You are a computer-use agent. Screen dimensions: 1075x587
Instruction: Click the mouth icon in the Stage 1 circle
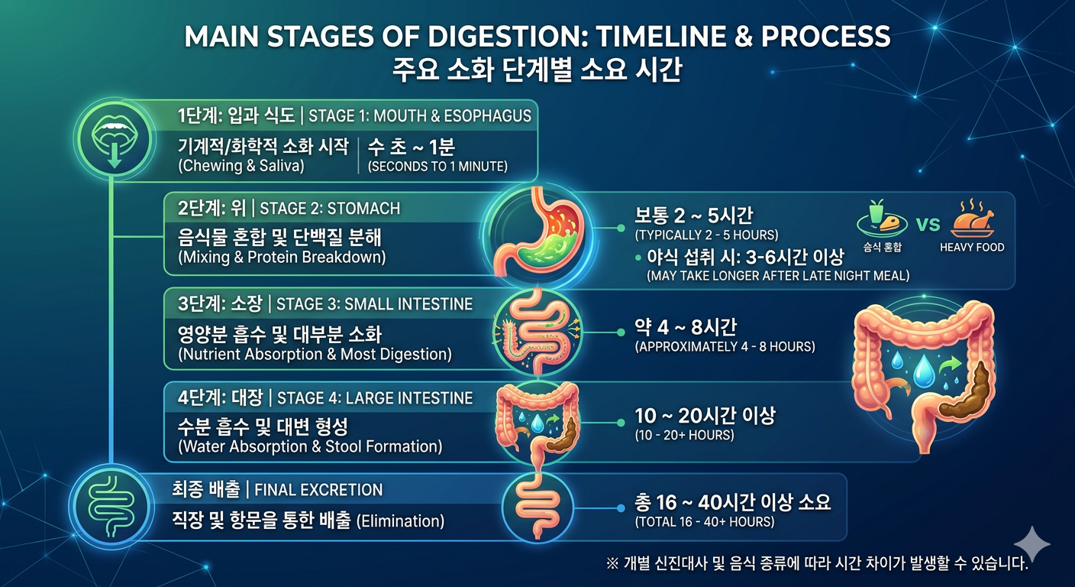coord(115,138)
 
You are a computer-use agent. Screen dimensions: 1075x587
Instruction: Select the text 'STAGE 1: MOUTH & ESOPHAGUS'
coord(420,116)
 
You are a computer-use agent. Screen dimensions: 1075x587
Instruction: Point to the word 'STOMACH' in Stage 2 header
coord(363,209)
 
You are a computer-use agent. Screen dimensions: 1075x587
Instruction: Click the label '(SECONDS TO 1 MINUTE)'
coord(437,167)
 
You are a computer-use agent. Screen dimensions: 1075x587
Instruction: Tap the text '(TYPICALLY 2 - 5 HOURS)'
coord(706,235)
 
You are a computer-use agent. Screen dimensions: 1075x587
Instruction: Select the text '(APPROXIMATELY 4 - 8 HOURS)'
coord(725,347)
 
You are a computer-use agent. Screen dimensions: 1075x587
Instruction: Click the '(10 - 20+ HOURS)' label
coord(684,435)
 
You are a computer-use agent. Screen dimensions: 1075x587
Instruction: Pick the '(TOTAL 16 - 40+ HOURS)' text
coord(705,522)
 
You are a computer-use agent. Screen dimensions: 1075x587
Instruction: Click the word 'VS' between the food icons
coord(928,224)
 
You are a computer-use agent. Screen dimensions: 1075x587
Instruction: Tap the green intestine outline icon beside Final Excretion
coord(111,506)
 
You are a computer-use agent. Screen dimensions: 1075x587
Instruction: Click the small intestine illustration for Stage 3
coord(537,332)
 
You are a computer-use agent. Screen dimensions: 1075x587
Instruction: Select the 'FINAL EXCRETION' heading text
coord(318,490)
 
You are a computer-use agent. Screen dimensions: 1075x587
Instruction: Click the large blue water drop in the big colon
coord(922,371)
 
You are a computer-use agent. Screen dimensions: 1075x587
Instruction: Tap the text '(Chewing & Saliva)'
coord(241,166)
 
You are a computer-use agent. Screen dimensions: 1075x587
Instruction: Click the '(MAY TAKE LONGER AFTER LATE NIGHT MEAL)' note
coord(778,276)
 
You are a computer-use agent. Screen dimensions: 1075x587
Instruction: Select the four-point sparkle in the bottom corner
coord(1031,543)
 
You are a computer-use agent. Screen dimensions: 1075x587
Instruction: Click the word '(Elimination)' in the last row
coord(400,521)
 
